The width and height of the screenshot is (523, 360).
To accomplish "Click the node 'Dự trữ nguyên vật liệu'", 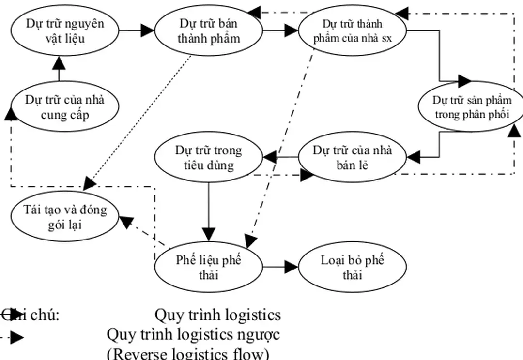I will [65, 30].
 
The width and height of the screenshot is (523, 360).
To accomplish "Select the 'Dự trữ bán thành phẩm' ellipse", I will [208, 30].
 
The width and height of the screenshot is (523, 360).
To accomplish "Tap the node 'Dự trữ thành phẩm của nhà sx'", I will [352, 30].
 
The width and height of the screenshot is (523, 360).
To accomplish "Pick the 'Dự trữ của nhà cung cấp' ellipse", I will [65, 107].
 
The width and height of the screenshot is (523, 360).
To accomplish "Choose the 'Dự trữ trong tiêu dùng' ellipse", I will [208, 157].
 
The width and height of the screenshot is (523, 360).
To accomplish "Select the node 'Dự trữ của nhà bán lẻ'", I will [352, 157].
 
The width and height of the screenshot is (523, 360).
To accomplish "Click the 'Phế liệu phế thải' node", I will [208, 267].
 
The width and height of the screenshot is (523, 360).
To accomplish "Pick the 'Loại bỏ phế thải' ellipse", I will [352, 267].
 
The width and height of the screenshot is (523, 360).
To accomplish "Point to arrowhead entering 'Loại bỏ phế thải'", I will [291, 267].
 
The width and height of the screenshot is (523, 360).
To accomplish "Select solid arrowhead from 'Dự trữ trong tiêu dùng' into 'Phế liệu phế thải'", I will [208, 234].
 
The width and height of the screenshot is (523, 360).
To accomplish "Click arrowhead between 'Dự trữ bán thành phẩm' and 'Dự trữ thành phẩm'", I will [291, 30].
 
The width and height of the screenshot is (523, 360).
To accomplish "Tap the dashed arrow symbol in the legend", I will [15, 337].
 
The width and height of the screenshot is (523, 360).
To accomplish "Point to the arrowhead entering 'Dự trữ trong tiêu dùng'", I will [269, 157].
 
